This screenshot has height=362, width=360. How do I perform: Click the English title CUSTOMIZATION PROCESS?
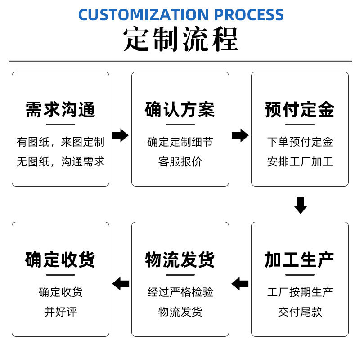point(181,14)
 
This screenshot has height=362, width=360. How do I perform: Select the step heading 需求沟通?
point(60,109)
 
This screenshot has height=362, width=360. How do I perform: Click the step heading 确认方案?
point(180,109)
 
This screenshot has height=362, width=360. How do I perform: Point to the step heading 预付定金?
point(300,109)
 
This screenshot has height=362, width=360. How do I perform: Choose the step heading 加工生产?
point(300,259)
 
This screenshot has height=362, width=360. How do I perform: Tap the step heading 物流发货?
point(180,259)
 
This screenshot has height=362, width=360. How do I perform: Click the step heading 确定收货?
point(60,259)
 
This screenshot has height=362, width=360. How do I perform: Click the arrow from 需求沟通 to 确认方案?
point(120,135)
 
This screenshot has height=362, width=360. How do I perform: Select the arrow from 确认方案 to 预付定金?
point(240,135)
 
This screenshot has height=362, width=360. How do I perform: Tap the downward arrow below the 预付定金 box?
point(300,205)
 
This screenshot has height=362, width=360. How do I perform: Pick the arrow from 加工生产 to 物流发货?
point(240,284)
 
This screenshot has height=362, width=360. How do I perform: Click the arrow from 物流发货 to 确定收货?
point(120,284)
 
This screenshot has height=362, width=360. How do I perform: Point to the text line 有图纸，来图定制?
point(60,142)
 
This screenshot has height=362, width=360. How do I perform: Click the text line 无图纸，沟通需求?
point(60,162)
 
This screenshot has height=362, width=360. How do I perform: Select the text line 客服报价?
point(180,162)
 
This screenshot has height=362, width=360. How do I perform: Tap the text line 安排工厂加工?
point(300,162)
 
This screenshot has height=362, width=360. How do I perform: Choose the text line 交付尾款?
point(300,312)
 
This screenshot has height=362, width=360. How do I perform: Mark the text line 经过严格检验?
point(180,292)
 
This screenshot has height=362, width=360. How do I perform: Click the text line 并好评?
point(60,312)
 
